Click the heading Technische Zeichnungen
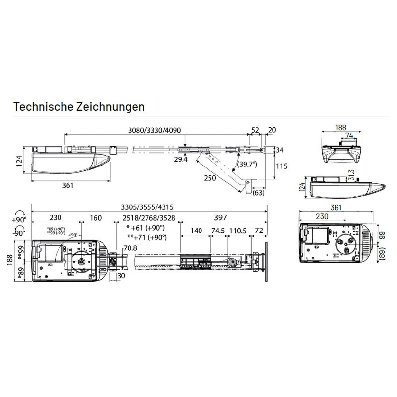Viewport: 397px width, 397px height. point(79,107)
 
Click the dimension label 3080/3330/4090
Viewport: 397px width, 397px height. point(155,130)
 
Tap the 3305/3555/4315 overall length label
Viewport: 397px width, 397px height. point(147,207)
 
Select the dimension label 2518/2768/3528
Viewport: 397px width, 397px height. point(149,218)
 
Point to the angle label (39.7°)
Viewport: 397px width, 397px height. point(247,164)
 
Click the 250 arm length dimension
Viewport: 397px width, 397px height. point(210,178)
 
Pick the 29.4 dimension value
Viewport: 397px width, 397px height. point(181,159)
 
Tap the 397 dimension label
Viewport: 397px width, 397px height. point(220,218)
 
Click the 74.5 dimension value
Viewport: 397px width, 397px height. point(218,231)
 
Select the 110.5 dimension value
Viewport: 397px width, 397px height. point(238,231)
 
